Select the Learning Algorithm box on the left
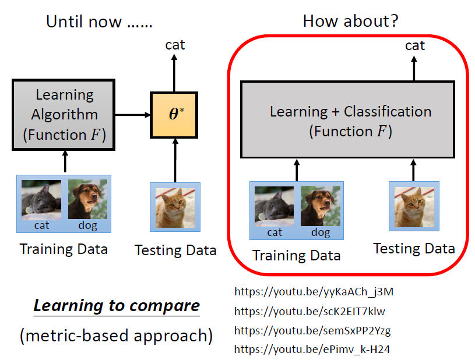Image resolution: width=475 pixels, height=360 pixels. (x=64, y=115)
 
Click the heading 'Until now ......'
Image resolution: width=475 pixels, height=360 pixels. (x=99, y=22)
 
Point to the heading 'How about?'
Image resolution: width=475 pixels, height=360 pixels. (x=351, y=22)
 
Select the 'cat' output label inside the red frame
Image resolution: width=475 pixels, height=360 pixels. (x=415, y=45)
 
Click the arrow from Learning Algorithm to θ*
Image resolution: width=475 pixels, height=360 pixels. (x=133, y=115)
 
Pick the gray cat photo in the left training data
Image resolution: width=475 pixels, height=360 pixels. (x=41, y=199)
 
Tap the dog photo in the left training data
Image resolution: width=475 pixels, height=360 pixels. (x=87, y=199)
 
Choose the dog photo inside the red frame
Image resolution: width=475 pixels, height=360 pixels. (x=320, y=206)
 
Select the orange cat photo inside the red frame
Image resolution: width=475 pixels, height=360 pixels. (x=414, y=206)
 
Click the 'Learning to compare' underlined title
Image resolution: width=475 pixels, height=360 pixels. (x=117, y=305)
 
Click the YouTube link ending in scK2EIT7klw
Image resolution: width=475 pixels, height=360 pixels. (x=309, y=311)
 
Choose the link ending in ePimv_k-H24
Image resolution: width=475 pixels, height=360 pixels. (x=310, y=350)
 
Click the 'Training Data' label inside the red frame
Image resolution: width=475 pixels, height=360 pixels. (x=296, y=255)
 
